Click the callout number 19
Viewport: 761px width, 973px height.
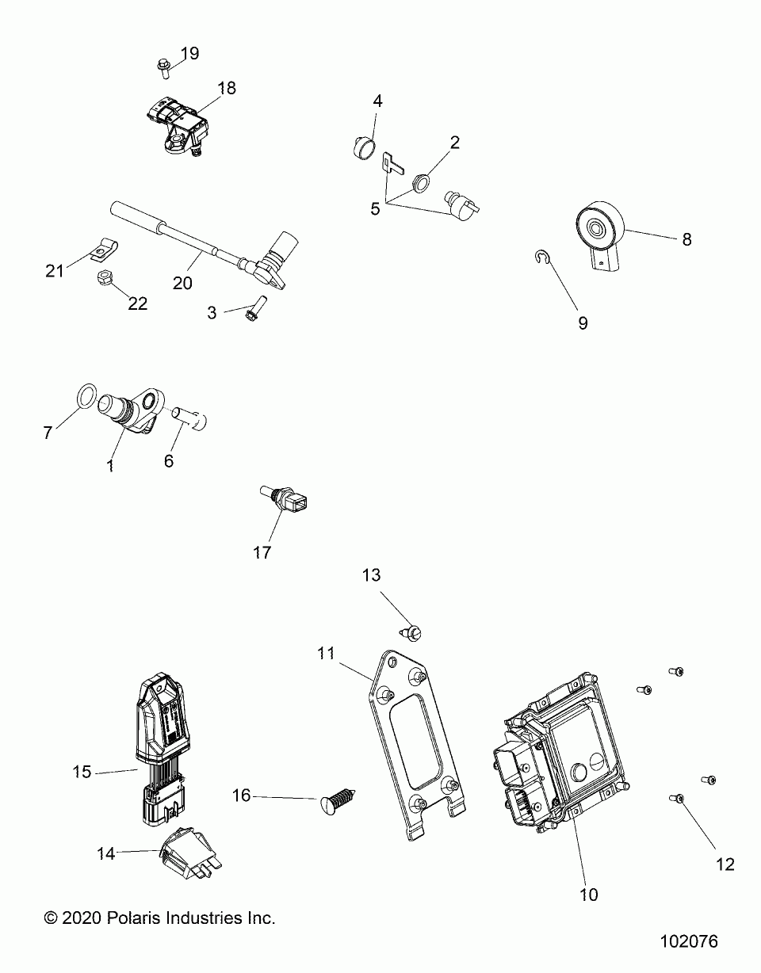pos(189,54)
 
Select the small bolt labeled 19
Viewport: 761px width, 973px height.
pos(163,68)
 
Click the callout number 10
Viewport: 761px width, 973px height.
pos(589,895)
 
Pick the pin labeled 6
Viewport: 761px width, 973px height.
pos(190,415)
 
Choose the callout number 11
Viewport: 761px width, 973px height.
pos(327,653)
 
